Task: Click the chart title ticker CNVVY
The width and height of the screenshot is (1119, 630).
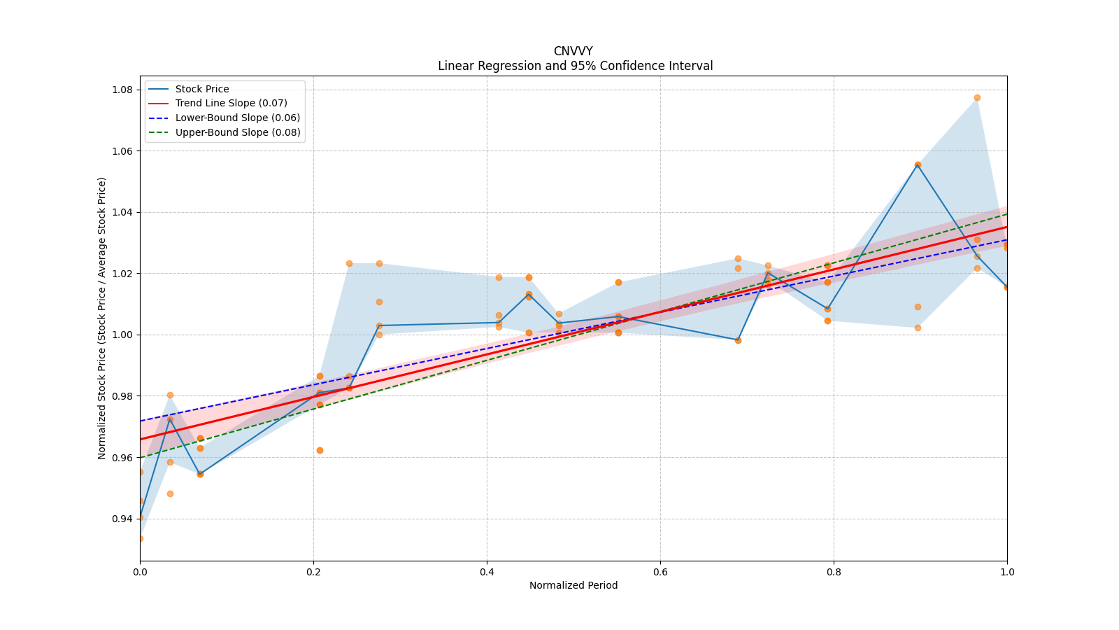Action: click(573, 51)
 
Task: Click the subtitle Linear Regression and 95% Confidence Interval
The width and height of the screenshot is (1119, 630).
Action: click(575, 66)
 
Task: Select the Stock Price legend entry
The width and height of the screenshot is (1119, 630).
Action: click(202, 89)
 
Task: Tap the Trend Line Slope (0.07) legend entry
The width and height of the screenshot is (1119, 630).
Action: click(231, 104)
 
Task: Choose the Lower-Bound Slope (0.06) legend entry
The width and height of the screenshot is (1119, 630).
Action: click(237, 118)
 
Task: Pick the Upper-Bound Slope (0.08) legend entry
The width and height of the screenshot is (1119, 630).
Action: click(238, 132)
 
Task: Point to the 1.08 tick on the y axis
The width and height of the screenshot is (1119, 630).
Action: click(124, 90)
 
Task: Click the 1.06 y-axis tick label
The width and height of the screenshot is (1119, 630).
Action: click(124, 151)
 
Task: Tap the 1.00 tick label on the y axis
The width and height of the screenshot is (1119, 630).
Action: click(124, 335)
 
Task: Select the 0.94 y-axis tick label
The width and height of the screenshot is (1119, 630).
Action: click(124, 519)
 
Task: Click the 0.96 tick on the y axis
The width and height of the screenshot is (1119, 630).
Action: click(124, 458)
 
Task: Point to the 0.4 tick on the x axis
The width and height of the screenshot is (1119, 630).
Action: click(487, 572)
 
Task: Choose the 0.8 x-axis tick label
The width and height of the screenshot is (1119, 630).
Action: click(834, 572)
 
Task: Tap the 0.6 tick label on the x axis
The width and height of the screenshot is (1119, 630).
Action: click(660, 572)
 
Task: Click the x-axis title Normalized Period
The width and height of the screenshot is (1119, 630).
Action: click(573, 585)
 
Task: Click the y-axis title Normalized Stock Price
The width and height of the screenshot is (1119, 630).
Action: click(102, 318)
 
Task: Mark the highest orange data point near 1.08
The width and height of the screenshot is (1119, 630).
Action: click(977, 97)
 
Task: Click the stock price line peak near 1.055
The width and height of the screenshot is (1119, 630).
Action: click(918, 164)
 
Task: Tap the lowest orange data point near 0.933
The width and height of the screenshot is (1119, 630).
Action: click(141, 538)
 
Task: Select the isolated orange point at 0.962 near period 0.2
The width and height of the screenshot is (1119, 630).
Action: click(320, 450)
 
